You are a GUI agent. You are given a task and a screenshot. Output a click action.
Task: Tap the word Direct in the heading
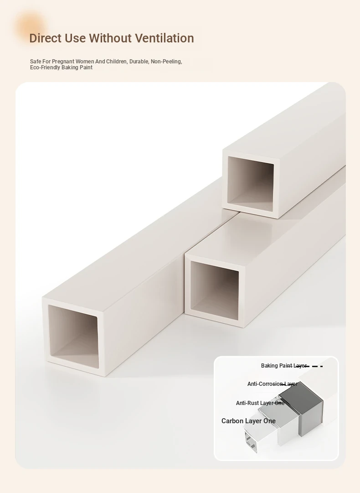[45, 38]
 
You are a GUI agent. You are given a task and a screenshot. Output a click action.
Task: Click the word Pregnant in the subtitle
[63, 62]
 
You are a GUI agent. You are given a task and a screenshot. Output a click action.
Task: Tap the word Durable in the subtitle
[139, 62]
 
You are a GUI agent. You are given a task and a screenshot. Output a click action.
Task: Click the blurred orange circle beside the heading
[31, 27]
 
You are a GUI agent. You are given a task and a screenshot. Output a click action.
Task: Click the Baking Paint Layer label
[283, 366]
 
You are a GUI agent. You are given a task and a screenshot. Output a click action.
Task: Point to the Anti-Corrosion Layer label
[273, 384]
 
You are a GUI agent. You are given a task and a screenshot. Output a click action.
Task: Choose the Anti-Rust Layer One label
[260, 403]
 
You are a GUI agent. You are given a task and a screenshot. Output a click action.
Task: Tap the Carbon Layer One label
[248, 421]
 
